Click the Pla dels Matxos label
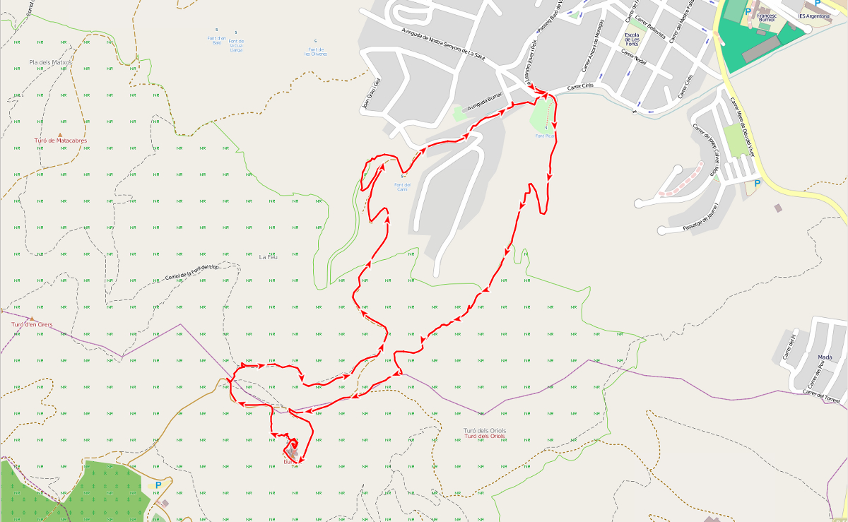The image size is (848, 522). coord(51,63)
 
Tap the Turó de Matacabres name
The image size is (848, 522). coord(61,141)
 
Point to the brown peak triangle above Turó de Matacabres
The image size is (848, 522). coord(60,134)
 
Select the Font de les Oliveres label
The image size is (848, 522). coord(315,52)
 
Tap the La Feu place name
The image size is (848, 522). coord(268,256)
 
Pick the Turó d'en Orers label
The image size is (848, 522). coord(31,324)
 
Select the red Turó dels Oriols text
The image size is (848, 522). coord(485,437)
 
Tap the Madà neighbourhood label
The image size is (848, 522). coord(825,357)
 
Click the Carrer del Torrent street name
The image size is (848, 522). coord(824,397)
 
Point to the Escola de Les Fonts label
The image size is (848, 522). coord(632,39)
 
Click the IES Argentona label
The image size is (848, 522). coord(813,16)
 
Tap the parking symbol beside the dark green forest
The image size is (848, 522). coord(158,485)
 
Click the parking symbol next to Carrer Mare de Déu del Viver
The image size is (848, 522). coord(758,183)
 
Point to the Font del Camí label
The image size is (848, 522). coord(402,186)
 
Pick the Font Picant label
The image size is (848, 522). coord(544,135)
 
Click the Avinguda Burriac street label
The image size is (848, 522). coord(485,101)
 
